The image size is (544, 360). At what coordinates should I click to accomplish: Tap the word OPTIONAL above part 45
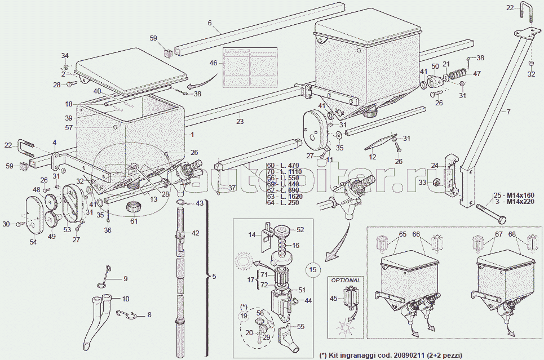(345, 280)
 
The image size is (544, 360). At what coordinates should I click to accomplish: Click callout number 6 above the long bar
(210, 23)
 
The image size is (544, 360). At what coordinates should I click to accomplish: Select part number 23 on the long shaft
(240, 120)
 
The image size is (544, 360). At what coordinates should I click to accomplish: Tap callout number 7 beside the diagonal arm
(508, 112)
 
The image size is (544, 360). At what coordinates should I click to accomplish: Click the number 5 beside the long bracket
(214, 277)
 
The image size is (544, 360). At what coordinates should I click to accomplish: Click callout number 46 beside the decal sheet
(213, 63)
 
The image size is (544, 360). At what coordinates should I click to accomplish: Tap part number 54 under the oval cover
(33, 242)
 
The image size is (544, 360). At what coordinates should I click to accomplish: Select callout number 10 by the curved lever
(125, 299)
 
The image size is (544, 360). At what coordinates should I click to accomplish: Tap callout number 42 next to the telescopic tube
(196, 233)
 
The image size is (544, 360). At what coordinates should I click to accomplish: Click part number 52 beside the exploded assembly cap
(300, 229)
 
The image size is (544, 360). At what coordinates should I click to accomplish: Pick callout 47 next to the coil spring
(477, 73)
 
